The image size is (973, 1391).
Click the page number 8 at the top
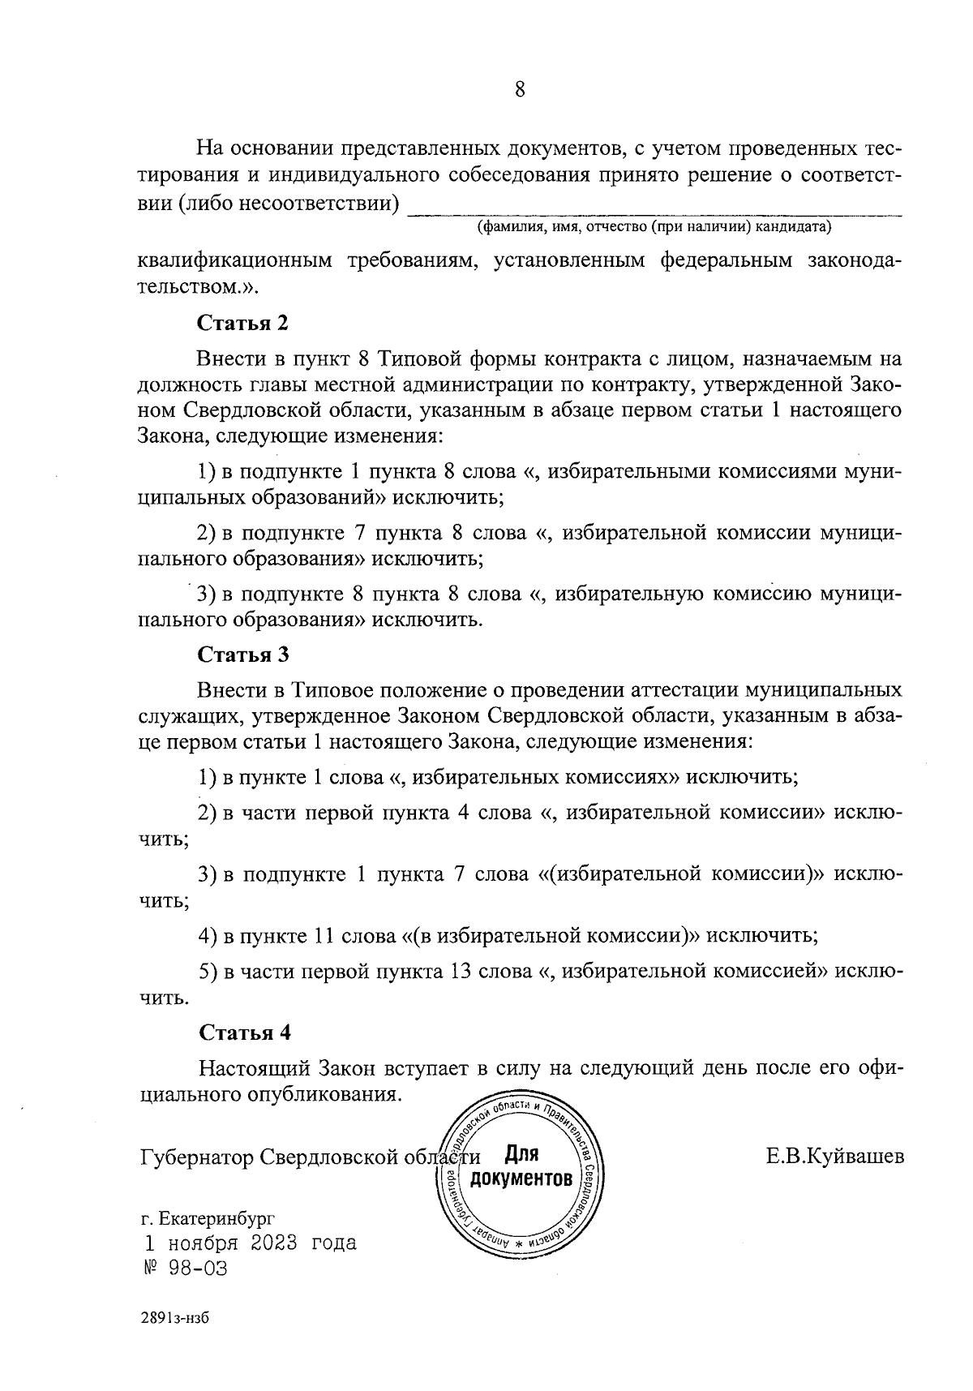click(x=520, y=89)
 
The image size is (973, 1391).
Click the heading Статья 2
click(x=243, y=324)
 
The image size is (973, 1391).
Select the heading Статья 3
click(x=243, y=655)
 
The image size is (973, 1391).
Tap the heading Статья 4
click(x=244, y=1033)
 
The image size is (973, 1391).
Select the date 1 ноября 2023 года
click(x=250, y=1243)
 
